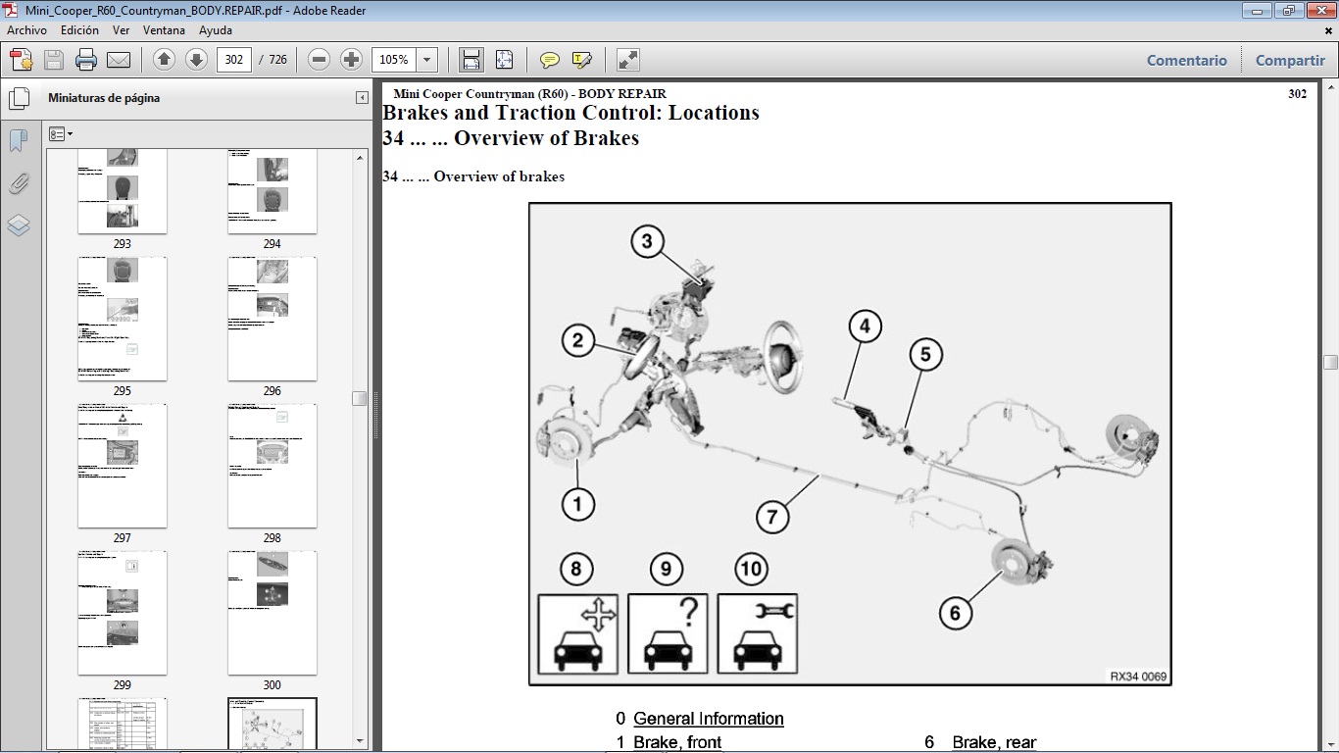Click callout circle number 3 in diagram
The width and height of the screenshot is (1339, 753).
[647, 241]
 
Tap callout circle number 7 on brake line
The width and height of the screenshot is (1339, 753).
[772, 517]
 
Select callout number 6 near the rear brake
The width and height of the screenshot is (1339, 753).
[955, 614]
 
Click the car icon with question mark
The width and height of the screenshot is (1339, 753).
[668, 633]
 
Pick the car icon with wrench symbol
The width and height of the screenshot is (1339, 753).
[758, 633]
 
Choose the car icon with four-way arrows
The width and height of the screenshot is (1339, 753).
[577, 633]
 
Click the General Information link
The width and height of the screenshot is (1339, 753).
[708, 719]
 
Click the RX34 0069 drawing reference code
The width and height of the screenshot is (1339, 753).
[1137, 677]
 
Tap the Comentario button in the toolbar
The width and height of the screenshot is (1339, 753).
[1186, 60]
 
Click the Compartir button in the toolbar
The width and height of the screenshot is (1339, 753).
[1290, 60]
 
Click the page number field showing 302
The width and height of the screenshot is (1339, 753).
[234, 60]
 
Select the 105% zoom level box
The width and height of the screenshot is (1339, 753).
[394, 60]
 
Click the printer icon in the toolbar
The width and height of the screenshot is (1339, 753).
[86, 60]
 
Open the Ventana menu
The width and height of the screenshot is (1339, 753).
[164, 30]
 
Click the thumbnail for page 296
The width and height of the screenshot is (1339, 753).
[272, 319]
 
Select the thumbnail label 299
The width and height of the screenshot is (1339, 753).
[123, 685]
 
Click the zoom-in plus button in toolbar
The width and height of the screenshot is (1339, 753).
[351, 60]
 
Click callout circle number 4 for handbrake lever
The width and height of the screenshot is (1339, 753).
[865, 326]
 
